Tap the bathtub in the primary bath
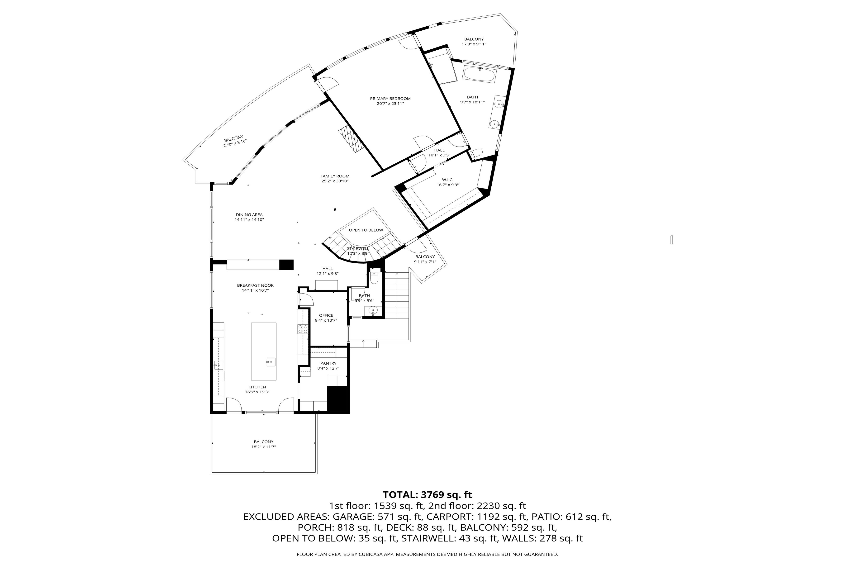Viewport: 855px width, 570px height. coord(479,75)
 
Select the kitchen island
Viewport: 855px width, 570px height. coord(264,351)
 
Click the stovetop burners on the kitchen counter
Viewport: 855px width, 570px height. coord(302,329)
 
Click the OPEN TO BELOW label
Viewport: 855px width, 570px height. coord(366,230)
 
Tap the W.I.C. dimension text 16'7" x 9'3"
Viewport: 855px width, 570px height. coord(447,185)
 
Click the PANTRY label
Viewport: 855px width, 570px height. coord(328,363)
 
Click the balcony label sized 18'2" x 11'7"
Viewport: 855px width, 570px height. coord(264,442)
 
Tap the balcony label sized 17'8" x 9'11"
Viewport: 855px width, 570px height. coord(474,39)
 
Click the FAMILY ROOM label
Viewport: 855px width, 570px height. coord(335,176)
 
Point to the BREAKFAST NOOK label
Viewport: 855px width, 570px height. coord(255,285)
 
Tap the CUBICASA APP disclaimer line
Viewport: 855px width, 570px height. coord(427,554)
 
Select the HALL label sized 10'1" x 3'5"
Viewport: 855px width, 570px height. coord(439,150)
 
